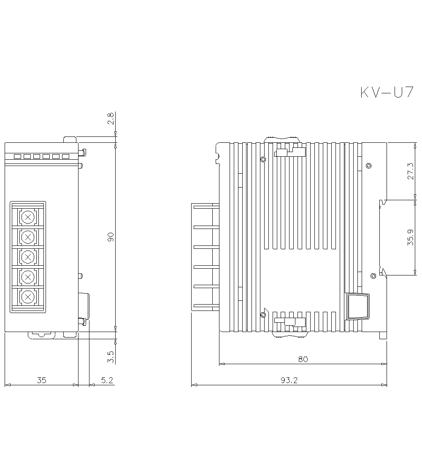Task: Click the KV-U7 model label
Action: pos(387,93)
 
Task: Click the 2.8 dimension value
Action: pos(111,118)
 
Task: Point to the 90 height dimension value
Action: pos(111,237)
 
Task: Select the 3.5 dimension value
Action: pos(111,357)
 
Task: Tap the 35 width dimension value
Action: pos(41,380)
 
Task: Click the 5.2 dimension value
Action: pos(107,380)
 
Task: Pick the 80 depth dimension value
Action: pos(303,359)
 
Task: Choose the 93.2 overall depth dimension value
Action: pos(289,380)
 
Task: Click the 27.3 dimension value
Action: pos(410,171)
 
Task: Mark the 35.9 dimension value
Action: pos(410,238)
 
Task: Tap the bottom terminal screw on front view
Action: pos(28,297)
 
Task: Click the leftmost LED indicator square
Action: pos(17,156)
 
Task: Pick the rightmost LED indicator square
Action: pos(65,156)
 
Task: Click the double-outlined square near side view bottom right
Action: pos(357,306)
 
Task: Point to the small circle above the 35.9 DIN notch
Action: pos(368,165)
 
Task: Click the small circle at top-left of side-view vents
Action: pos(263,159)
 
